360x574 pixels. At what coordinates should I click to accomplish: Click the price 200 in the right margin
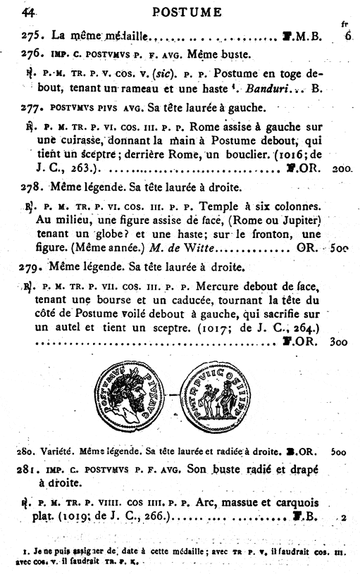coord(342,170)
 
